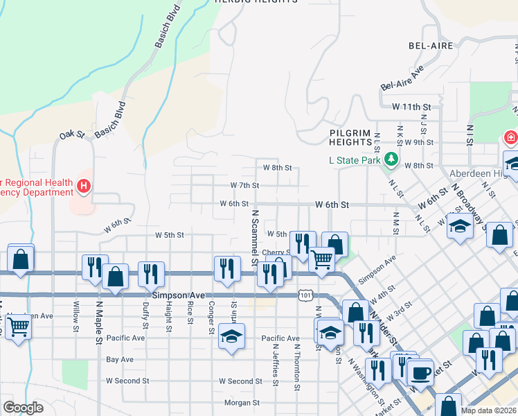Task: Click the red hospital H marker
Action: (x=84, y=186)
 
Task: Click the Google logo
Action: (x=23, y=408)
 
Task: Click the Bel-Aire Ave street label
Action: (x=402, y=79)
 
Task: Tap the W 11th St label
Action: (x=411, y=107)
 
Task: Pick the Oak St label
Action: (x=71, y=135)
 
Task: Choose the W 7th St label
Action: (x=244, y=185)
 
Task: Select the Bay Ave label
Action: (x=120, y=360)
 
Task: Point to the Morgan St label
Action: (x=242, y=402)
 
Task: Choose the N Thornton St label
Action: (x=296, y=367)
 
